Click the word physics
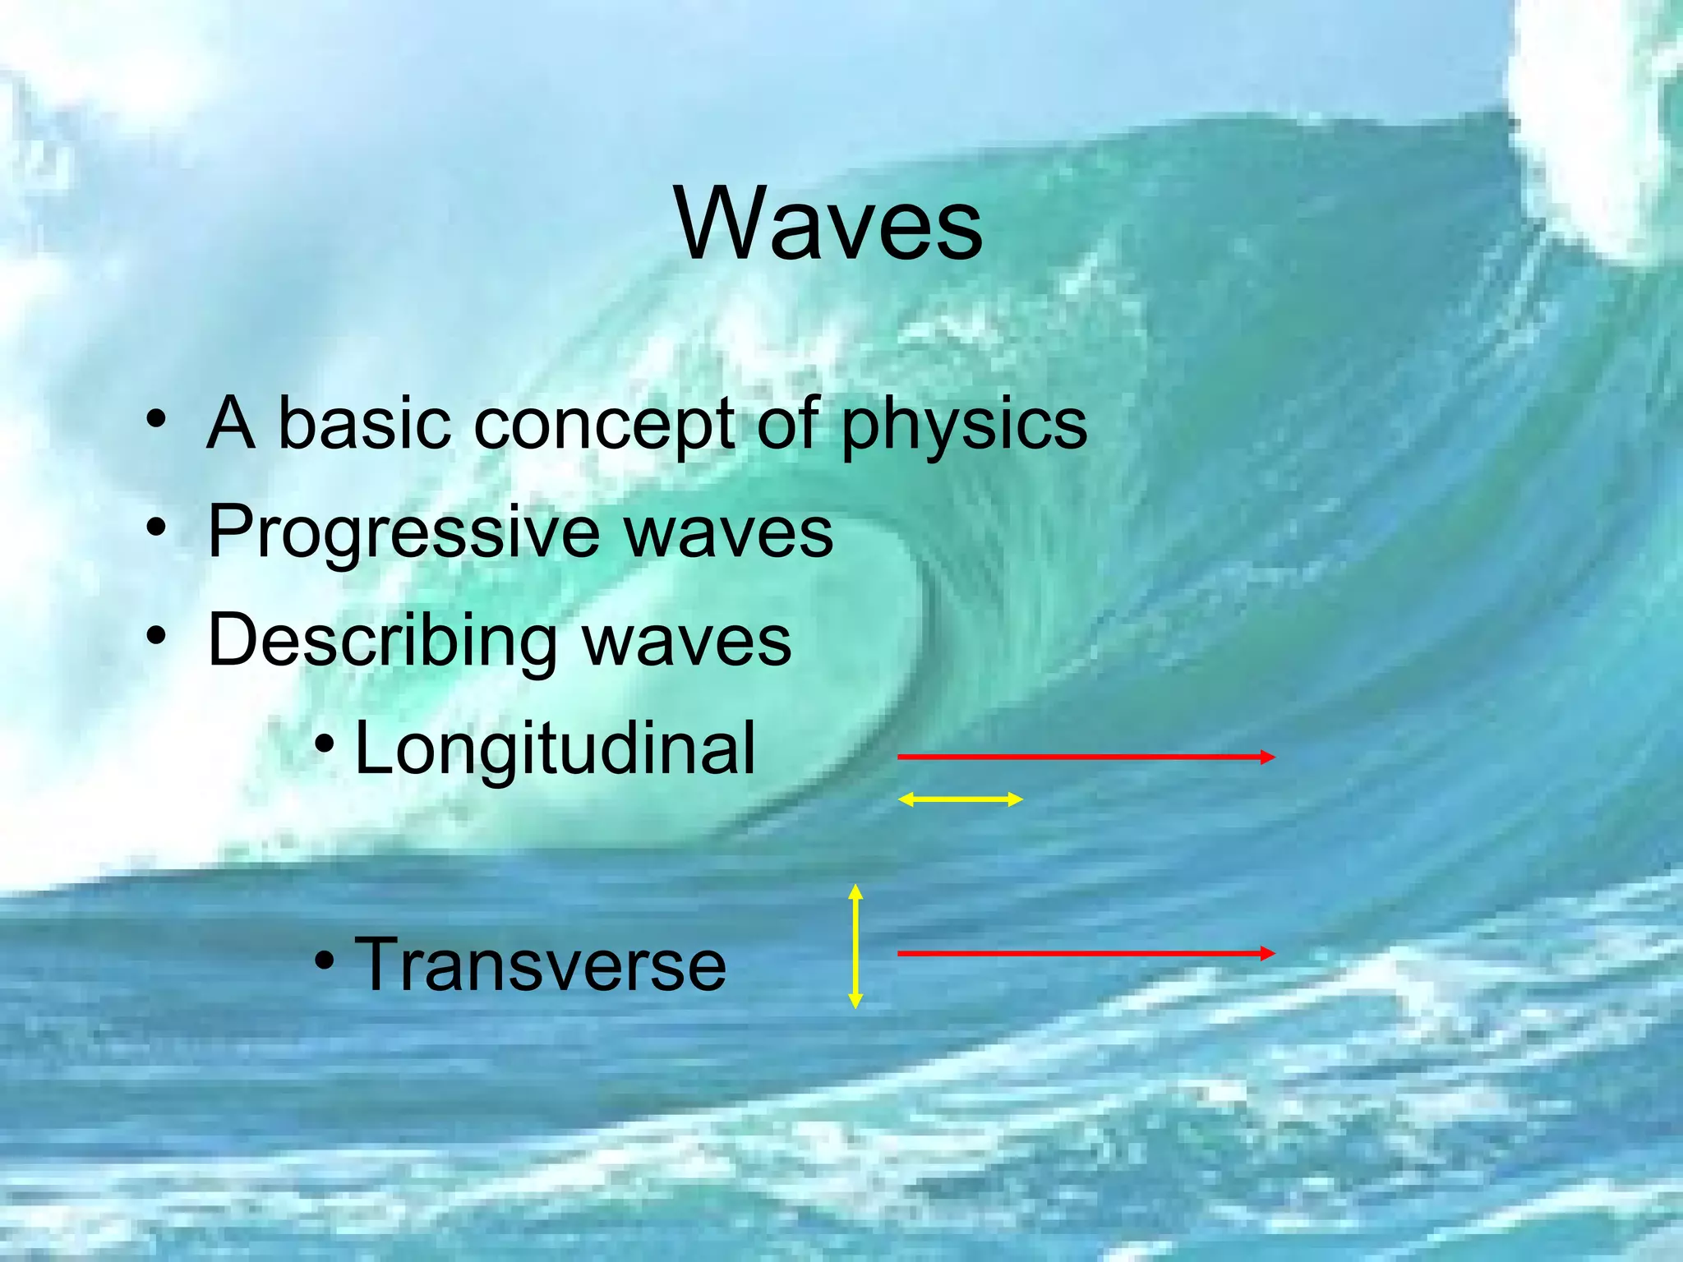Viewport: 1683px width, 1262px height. [x=964, y=425]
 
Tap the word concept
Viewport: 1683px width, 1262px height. [x=604, y=425]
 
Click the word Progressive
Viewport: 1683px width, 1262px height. [x=403, y=532]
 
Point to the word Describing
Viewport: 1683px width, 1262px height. [x=383, y=641]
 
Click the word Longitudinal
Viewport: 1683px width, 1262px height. [x=555, y=748]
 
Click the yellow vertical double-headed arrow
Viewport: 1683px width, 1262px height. [x=855, y=946]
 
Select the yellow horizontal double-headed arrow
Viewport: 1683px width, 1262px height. [x=960, y=799]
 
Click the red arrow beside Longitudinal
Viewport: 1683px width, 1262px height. [x=1085, y=757]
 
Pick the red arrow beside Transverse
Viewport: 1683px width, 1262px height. [x=1085, y=953]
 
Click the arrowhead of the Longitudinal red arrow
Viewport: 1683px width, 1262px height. [x=1268, y=757]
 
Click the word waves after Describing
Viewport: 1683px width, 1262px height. [x=687, y=641]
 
